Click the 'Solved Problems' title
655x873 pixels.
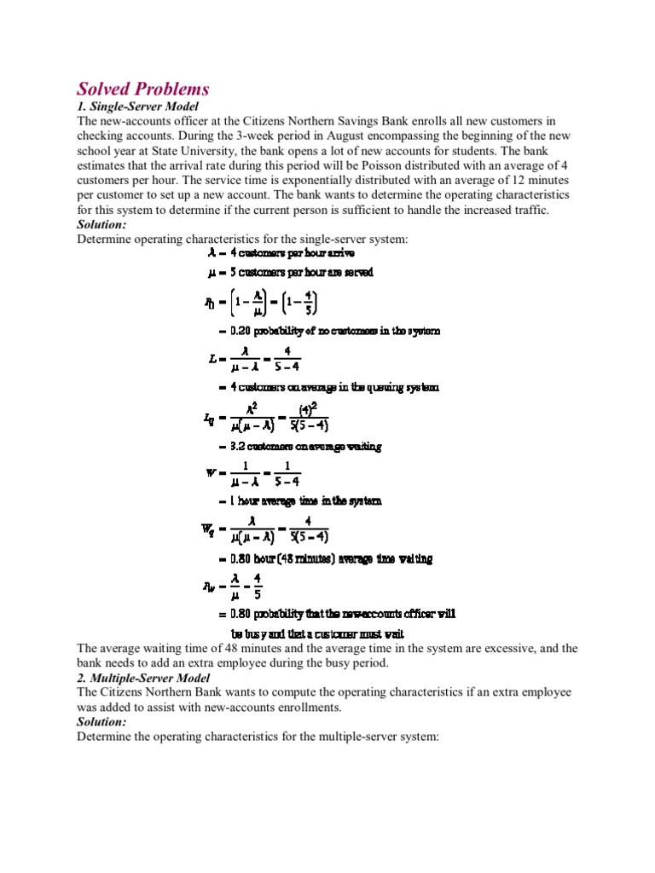tap(143, 89)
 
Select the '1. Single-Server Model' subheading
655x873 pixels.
tap(137, 107)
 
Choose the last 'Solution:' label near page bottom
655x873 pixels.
tap(101, 720)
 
